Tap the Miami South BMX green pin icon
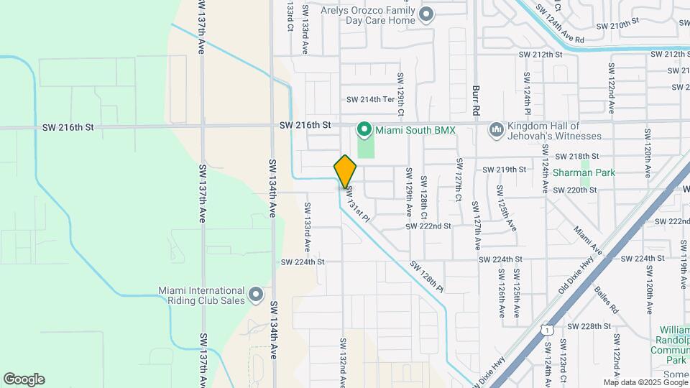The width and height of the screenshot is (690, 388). coord(364,130)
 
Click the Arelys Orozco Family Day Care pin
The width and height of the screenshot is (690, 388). coord(426,14)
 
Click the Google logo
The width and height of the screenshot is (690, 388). coord(24,379)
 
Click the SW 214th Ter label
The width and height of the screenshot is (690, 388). coord(371,100)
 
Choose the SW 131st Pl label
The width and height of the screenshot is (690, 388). coord(358,204)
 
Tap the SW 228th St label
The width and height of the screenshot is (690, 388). coord(589,325)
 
